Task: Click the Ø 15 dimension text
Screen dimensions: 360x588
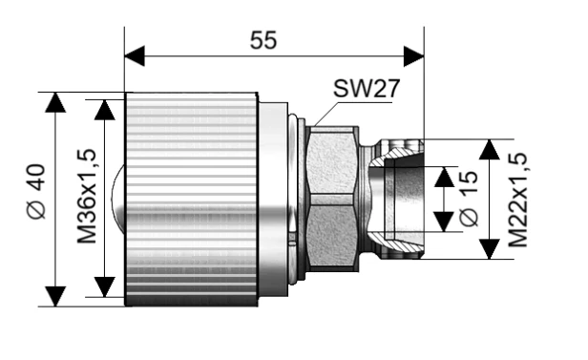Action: click(468, 198)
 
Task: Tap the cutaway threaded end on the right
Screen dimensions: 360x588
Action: click(396, 199)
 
